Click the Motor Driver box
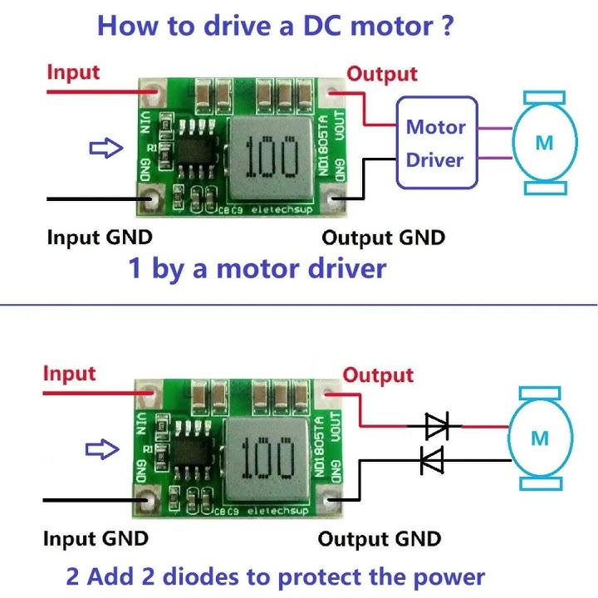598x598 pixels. point(436,143)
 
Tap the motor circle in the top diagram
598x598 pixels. point(544,143)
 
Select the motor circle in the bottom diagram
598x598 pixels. point(540,438)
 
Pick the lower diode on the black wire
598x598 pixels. point(431,459)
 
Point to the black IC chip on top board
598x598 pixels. point(197,154)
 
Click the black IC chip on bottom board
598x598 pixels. point(194,454)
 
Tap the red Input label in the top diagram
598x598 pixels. point(73,71)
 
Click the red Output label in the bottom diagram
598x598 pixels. point(378,375)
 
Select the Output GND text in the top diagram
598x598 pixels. point(383,238)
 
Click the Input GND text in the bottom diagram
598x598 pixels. point(96,538)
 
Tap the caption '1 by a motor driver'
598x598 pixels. point(257,269)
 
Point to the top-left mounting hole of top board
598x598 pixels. point(151,89)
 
